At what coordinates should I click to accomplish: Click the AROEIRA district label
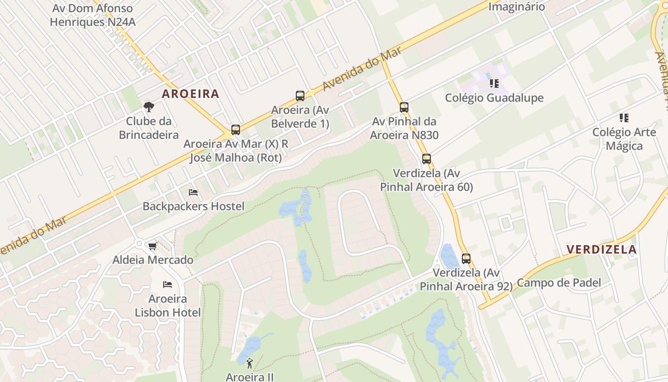coord(190,94)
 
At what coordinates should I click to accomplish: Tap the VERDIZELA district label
coord(602,249)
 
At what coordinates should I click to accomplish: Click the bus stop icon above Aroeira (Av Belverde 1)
coord(300,96)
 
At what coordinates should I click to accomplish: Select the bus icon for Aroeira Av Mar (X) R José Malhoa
coord(235,130)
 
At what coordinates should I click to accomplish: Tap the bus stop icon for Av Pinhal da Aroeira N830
coord(404,107)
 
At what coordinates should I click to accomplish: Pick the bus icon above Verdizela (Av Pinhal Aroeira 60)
coord(427,159)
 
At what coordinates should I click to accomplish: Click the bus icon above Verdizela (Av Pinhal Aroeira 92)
coord(466,259)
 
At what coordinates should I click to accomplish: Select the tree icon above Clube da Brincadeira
coord(149,106)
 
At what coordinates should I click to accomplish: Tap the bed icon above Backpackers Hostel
coord(193,192)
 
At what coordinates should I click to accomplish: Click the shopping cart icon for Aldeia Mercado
coord(153,246)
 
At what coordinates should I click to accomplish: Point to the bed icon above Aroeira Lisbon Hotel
coord(167,285)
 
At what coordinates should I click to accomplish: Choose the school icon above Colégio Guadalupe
coord(494,84)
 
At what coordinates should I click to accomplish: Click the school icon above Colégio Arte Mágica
coord(624,118)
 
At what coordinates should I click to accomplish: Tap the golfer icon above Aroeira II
coord(250,364)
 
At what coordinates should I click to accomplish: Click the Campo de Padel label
coord(559,283)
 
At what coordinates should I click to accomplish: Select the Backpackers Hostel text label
coord(193,206)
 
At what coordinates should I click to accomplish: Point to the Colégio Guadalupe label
coord(494,98)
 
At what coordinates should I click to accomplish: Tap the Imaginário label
coord(516,7)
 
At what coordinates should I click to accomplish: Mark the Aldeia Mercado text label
coord(153,260)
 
